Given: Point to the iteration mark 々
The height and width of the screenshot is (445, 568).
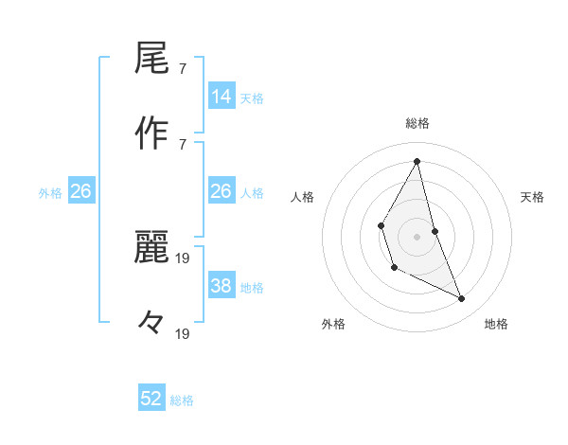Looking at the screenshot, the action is [x=151, y=323].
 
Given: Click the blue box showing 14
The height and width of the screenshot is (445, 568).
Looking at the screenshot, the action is [x=222, y=97].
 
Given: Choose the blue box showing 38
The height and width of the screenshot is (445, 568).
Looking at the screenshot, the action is [x=222, y=286].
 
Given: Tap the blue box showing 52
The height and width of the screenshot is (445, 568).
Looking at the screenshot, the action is [x=151, y=399].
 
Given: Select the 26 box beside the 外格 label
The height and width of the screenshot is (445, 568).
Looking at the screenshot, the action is [x=80, y=191].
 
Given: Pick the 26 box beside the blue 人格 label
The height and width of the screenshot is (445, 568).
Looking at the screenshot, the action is [x=222, y=191].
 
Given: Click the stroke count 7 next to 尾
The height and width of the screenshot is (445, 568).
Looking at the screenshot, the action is [x=183, y=69].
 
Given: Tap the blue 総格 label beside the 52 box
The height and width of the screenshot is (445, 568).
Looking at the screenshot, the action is [x=182, y=400].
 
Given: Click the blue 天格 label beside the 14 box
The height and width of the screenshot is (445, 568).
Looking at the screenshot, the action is [x=252, y=98].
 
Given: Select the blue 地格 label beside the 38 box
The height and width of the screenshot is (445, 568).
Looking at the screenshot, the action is [x=252, y=288].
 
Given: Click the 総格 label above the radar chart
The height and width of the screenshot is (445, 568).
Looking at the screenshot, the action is [x=417, y=123].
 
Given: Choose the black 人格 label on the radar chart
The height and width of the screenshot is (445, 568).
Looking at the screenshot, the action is [x=303, y=197].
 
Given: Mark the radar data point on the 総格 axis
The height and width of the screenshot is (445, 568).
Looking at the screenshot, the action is [x=417, y=161].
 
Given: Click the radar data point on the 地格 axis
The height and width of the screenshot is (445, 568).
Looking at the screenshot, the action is [x=462, y=298].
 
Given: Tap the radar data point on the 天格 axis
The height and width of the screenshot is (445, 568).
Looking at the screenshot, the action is [x=435, y=231].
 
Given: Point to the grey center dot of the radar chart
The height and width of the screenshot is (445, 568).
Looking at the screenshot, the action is [x=417, y=236].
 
